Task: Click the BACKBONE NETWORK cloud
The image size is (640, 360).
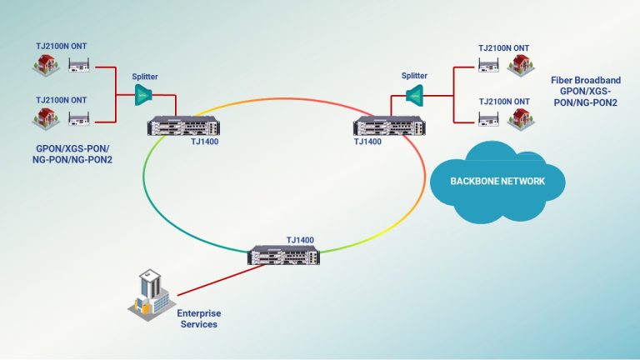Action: coord(497,180)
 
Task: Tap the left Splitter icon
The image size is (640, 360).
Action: coord(144,96)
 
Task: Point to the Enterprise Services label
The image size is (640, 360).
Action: coord(200,317)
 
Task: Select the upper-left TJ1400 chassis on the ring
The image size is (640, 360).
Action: coord(180,127)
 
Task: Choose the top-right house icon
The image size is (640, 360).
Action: coord(522,63)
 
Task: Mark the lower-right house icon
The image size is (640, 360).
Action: coord(522,117)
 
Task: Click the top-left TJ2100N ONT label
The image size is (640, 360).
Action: coord(61,46)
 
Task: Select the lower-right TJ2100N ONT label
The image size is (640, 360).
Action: coord(502,102)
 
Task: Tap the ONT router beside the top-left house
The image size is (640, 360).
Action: coord(79,63)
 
